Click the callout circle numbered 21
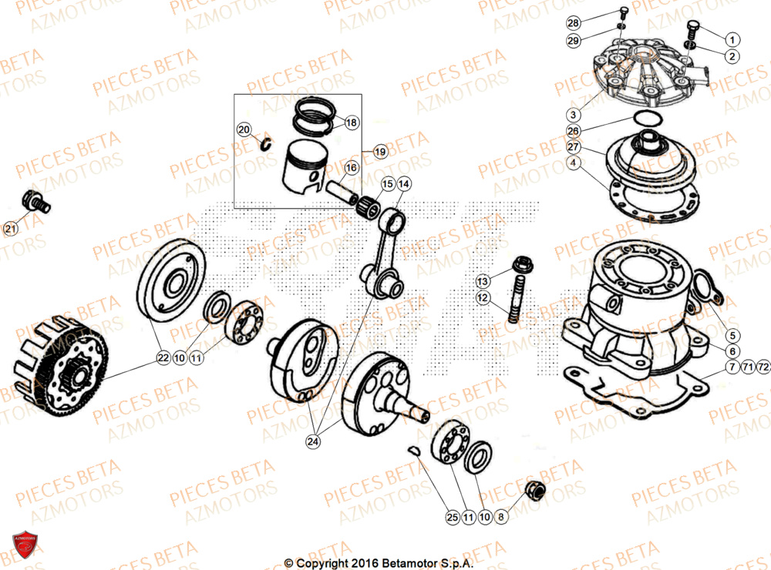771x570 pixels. coord(10,228)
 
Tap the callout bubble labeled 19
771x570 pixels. coord(379,153)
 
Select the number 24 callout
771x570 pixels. coord(312,442)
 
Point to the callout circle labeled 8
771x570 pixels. coord(501,518)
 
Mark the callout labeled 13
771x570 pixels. coord(482,280)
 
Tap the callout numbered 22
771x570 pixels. coord(163,357)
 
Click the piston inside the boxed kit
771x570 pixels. coord(302,173)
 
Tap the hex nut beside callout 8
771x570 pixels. coord(534,490)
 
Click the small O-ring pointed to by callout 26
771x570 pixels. coord(647,118)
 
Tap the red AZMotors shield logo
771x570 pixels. coord(23,545)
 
